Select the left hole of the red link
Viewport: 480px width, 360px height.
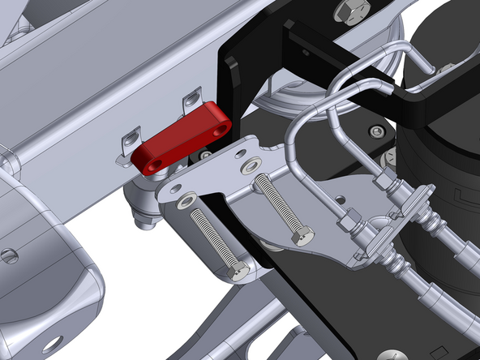(x=155, y=165)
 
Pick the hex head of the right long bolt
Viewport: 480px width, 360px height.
(x=302, y=238)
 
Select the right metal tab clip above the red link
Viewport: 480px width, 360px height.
(x=191, y=101)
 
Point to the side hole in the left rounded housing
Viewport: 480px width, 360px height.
(x=9, y=256)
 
